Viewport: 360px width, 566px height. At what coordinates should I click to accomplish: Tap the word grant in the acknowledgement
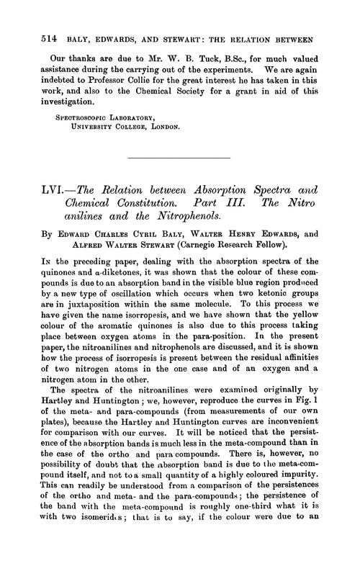[x=257, y=91]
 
